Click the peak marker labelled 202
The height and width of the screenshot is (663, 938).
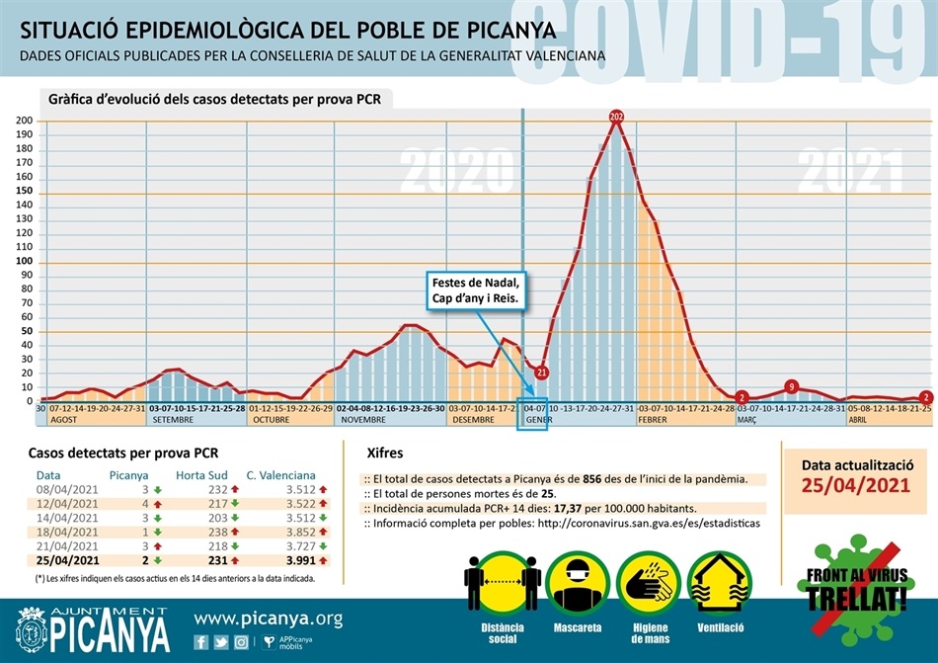point(617,118)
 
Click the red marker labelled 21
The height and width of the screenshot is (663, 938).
point(541,373)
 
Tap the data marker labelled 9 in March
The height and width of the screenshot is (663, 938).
point(792,386)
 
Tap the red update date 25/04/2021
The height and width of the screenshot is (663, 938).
point(855,486)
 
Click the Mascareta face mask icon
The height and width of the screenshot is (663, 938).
point(578,584)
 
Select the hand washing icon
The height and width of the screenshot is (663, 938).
point(649,584)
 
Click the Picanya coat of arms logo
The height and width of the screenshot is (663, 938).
point(33,628)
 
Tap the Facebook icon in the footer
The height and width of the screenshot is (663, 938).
point(201,642)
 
